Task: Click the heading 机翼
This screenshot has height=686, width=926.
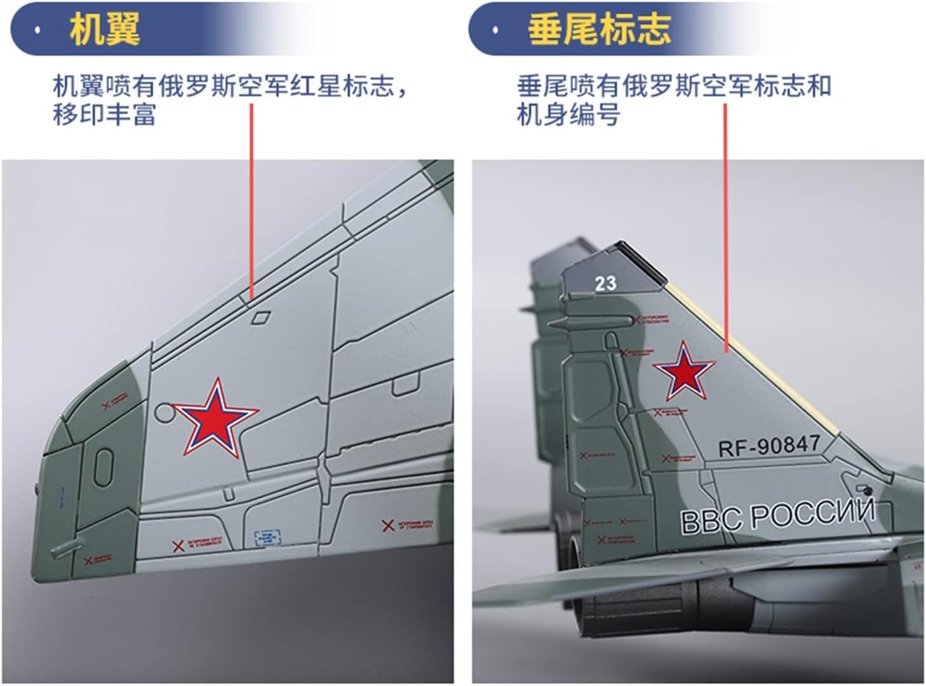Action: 105,29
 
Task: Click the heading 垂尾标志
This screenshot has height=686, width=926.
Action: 599,29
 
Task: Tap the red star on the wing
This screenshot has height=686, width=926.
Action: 216,419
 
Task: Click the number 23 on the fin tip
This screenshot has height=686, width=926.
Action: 605,283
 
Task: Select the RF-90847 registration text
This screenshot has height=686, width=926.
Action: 769,445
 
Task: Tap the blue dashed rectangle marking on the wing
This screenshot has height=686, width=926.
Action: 267,538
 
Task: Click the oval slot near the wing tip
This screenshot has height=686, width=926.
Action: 104,466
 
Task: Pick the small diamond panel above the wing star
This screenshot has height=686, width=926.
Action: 260,316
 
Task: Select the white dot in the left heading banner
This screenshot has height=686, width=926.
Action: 39,30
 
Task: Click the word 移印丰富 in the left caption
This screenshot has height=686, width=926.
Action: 104,115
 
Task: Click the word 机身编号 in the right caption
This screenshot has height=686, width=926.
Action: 568,115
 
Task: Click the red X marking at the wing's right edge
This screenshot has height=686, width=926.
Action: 387,526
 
